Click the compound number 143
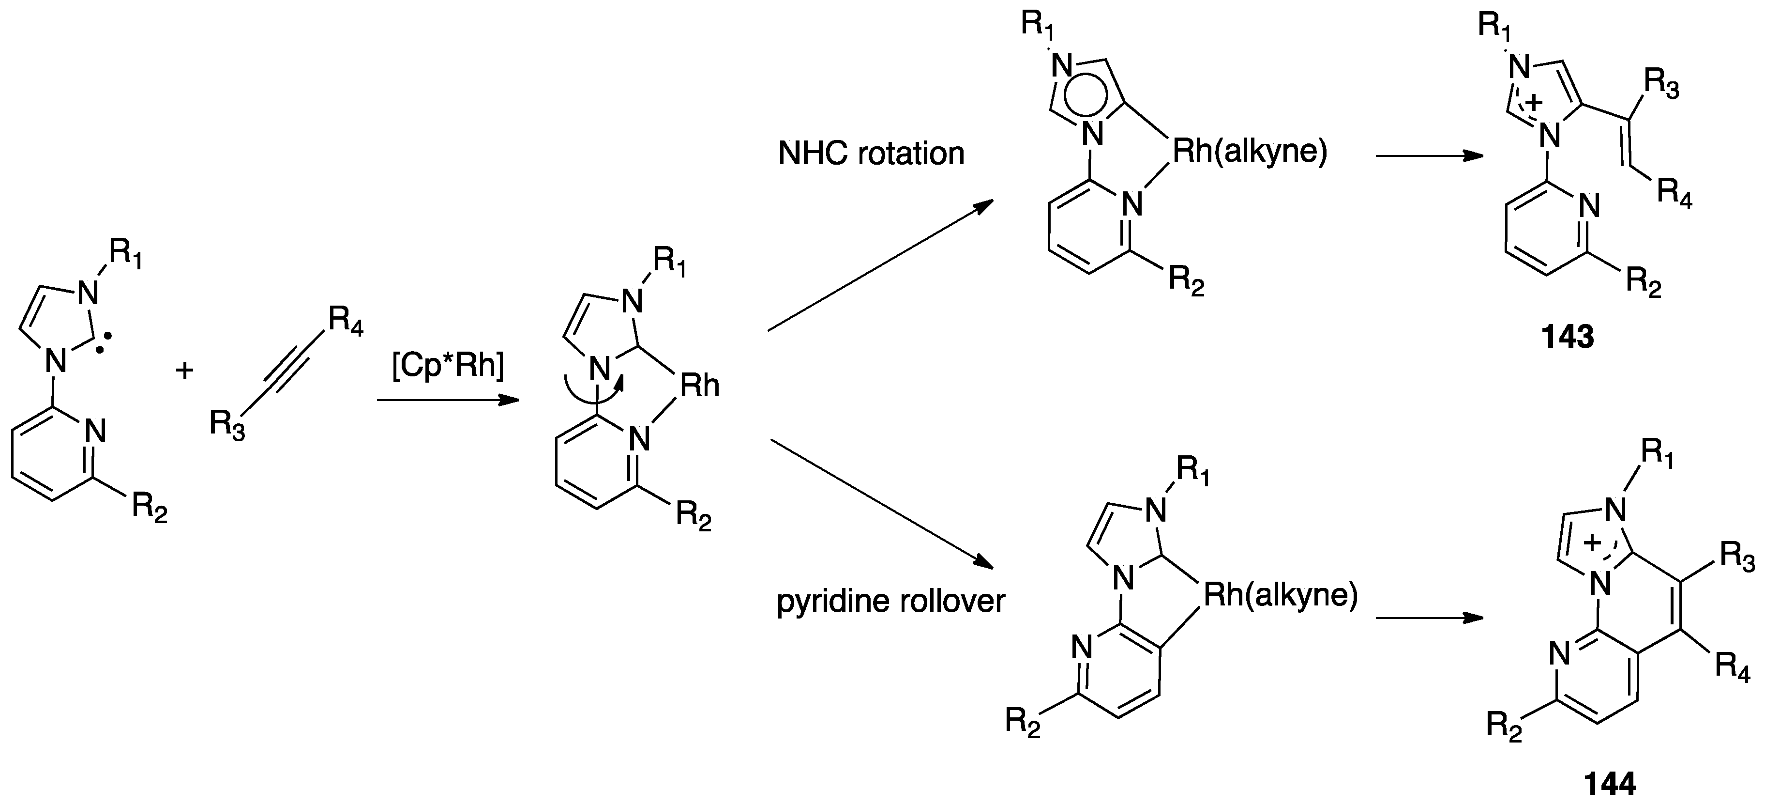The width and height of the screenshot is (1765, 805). [1568, 337]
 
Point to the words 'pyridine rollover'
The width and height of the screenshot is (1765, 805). [890, 602]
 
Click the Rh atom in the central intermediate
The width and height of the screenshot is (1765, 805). [699, 387]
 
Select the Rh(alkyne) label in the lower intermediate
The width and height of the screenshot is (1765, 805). [1280, 595]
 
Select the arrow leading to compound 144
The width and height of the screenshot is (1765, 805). [1429, 618]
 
